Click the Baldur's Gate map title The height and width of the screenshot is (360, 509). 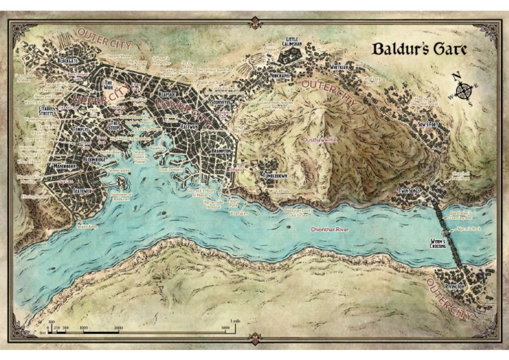(x=418, y=49)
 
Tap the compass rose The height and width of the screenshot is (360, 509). (x=458, y=88)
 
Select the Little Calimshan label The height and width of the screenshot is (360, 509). (x=294, y=42)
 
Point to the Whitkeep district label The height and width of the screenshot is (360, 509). (x=339, y=67)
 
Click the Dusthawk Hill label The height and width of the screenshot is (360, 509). (x=319, y=141)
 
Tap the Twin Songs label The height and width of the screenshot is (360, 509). (x=409, y=191)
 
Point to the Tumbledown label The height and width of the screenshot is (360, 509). (x=275, y=176)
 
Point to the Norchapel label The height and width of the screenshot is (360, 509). (x=280, y=75)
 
